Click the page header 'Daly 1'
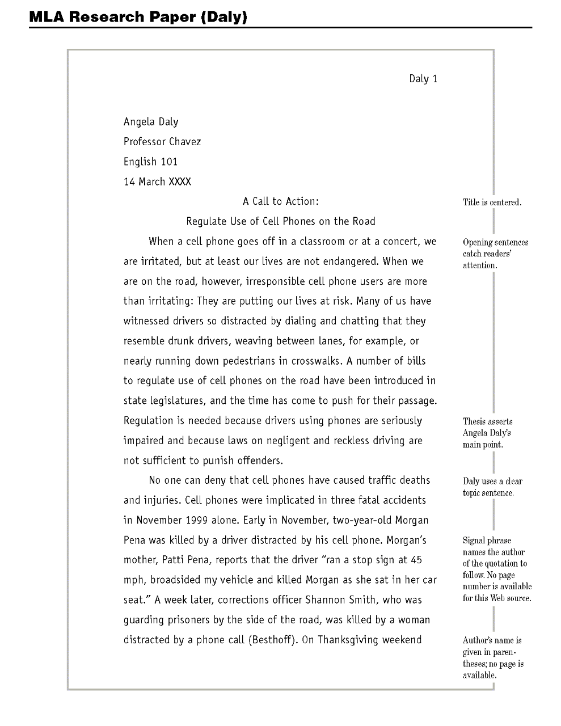423,79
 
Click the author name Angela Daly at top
151,122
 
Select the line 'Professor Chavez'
162,142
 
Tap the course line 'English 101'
151,162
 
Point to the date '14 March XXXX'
158,181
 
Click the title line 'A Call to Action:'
281,201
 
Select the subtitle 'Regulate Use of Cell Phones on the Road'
281,221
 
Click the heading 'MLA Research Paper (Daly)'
138,17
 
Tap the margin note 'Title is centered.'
492,202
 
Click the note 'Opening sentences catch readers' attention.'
495,254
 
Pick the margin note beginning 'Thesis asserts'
488,433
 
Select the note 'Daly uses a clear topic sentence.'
492,487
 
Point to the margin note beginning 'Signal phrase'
497,569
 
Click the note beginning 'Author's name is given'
492,657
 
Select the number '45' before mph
416,560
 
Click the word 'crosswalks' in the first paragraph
317,361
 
